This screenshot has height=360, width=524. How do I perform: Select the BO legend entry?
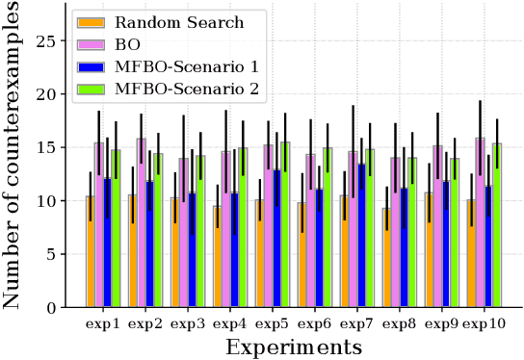129,44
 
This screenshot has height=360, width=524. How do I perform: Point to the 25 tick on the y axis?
50,41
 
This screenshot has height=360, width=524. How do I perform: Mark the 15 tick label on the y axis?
50,148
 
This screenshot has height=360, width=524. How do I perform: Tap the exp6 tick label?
316,324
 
